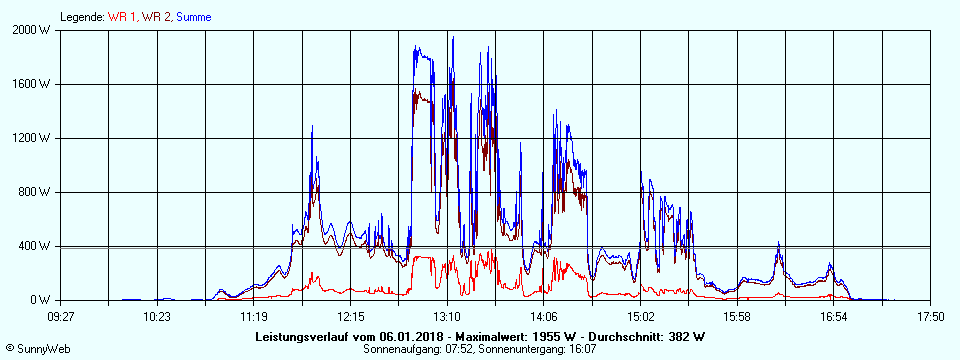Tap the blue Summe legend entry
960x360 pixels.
point(193,17)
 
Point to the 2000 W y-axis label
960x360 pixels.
point(34,30)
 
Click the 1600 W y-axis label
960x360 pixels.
point(34,84)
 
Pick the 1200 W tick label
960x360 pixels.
point(34,138)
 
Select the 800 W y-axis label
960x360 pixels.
point(37,192)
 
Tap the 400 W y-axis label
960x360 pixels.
point(37,246)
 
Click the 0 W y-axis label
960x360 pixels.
point(42,300)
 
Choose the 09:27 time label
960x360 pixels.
point(61,317)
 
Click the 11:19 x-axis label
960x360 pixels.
point(254,317)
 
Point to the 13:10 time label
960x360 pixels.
point(447,317)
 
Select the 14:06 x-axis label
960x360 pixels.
point(544,317)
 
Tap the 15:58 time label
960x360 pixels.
point(737,317)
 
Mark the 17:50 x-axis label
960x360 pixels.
point(930,317)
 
